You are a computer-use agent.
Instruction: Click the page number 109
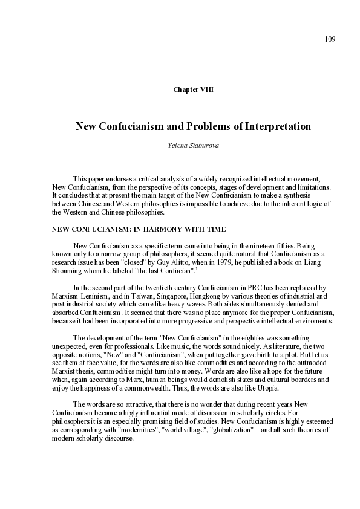pos(330,39)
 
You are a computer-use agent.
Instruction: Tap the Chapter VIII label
pos(193,89)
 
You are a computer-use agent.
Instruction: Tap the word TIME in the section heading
pos(215,229)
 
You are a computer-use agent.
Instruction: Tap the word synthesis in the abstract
pos(316,195)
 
